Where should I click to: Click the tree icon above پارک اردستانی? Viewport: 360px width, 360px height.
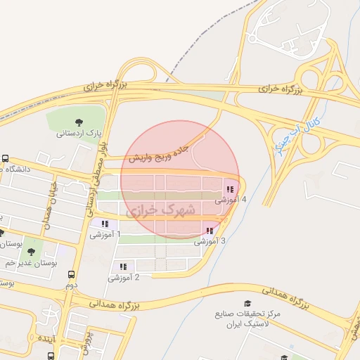79,121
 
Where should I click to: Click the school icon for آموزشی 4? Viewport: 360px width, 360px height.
230,189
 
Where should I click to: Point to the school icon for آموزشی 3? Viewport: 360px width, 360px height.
210,231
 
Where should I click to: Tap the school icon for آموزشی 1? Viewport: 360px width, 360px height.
105,224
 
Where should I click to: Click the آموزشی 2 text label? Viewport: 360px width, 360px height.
124,278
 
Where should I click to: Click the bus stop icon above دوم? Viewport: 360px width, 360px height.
71,275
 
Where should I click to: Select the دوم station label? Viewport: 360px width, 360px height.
71,285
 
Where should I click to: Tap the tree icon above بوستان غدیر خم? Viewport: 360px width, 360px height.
30,251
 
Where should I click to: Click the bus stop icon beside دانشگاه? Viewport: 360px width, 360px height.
5,158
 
